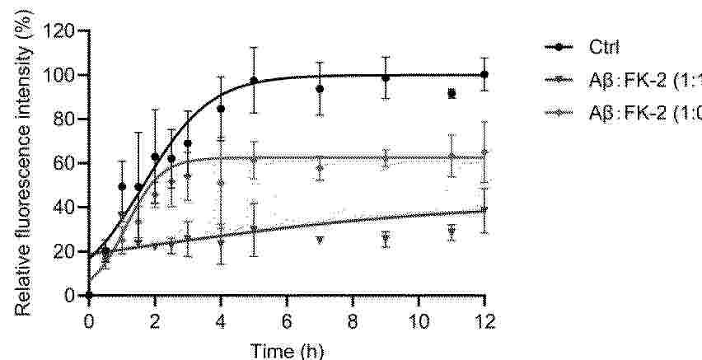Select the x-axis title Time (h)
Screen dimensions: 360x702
287,350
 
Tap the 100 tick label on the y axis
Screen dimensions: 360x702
63,76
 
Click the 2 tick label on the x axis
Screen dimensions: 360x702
155,320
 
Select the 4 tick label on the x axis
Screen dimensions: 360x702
221,320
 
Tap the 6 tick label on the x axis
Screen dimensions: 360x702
287,320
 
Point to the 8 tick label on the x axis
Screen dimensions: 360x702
353,320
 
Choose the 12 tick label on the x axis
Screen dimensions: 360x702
484,320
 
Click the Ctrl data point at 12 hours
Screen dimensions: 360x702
484,74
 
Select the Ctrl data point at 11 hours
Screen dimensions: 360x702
452,94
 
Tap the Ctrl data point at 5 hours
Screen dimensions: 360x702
254,80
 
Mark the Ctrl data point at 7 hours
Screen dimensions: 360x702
320,88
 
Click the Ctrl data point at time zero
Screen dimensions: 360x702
89,295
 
